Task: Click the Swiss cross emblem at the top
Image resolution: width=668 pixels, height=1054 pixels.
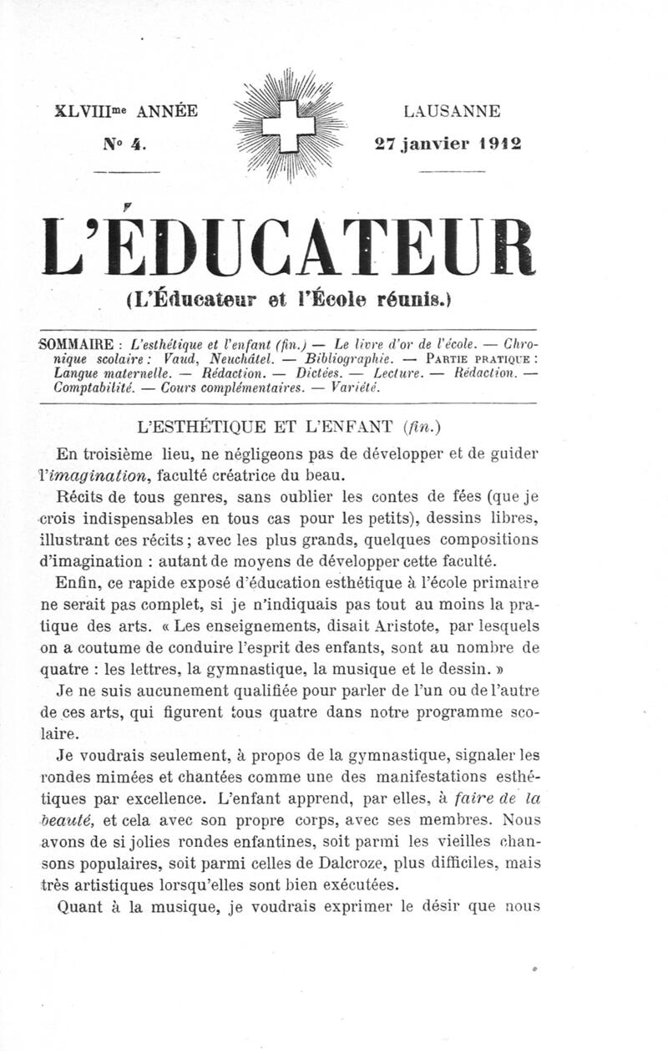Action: [x=288, y=125]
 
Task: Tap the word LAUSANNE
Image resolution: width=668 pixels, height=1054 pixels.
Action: [x=452, y=110]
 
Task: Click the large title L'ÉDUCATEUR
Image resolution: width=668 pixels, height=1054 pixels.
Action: [x=288, y=247]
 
